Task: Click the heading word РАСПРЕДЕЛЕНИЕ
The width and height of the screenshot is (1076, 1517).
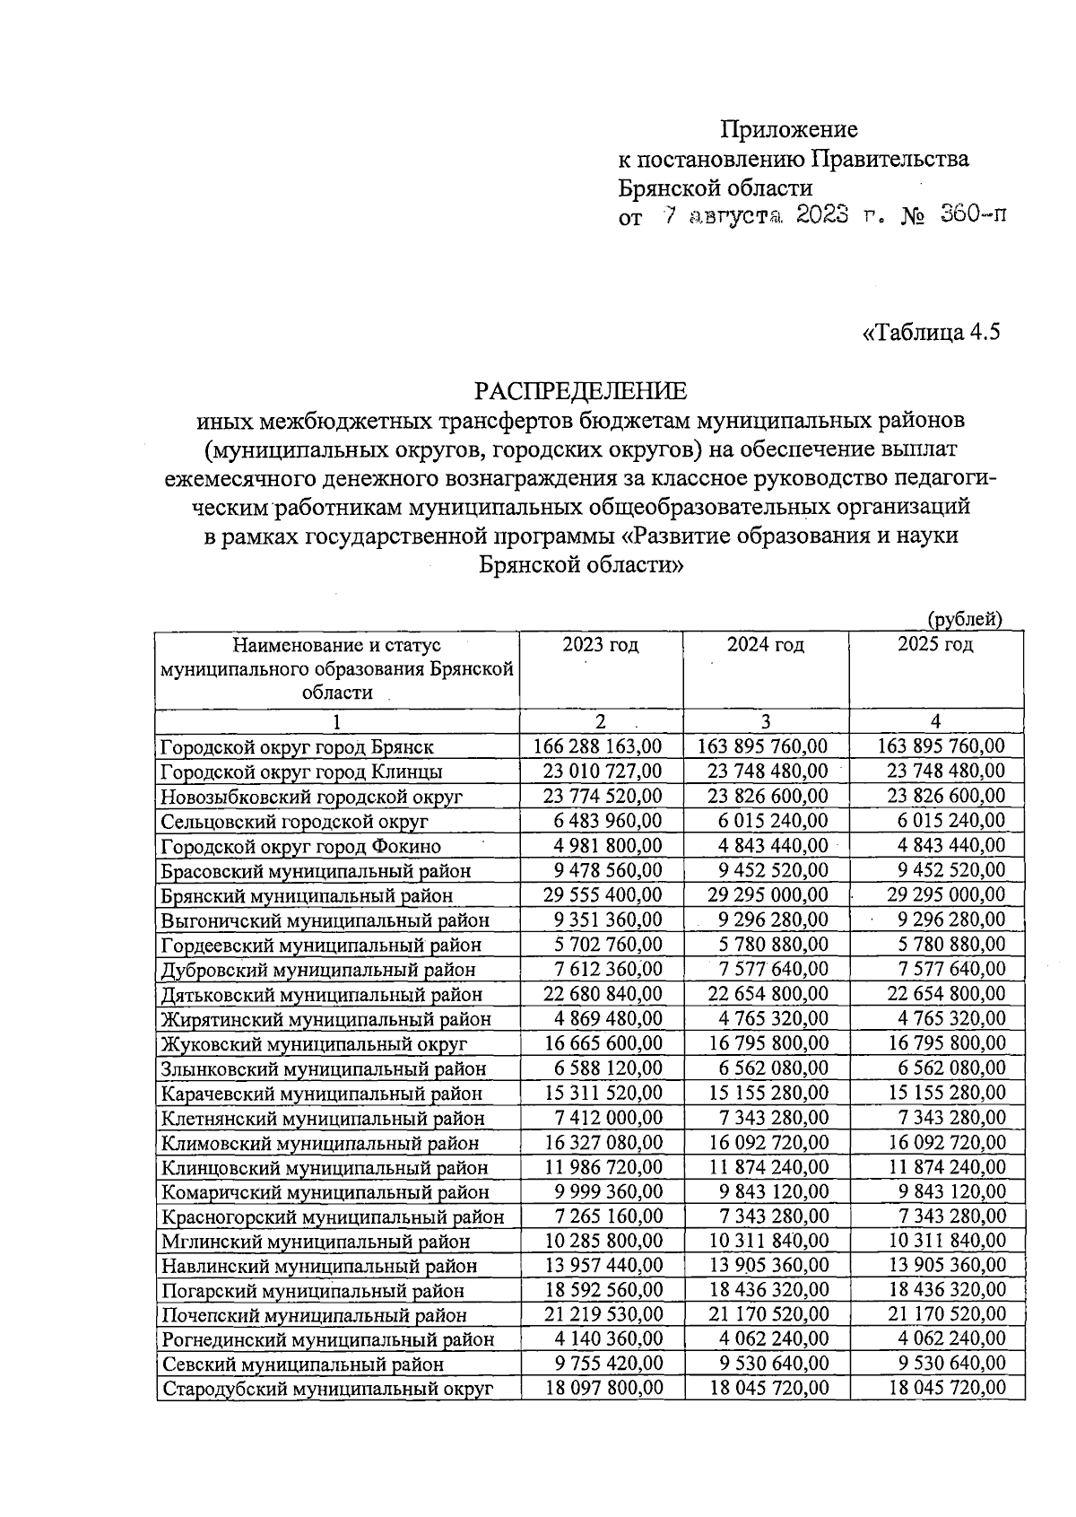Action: (580, 391)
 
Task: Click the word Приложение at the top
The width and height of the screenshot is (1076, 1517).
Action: (789, 129)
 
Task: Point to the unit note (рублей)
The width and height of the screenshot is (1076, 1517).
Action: (964, 618)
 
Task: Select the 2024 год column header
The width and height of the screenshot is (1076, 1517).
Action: (765, 644)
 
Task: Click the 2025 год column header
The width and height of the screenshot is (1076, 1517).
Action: (935, 644)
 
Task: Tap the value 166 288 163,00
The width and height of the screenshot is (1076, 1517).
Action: (597, 745)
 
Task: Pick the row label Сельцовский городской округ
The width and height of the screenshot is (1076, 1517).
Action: (294, 821)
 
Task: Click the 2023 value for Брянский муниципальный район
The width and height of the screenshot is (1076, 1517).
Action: (603, 894)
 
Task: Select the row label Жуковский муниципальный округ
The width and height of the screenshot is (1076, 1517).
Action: (314, 1044)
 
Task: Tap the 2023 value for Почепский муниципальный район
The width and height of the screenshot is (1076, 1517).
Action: (603, 1314)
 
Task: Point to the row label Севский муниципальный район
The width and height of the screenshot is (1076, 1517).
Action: (302, 1364)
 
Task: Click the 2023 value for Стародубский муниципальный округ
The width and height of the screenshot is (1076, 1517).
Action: (603, 1388)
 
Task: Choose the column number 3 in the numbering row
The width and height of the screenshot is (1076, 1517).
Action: (765, 722)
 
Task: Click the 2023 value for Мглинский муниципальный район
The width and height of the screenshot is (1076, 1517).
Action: (603, 1241)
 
